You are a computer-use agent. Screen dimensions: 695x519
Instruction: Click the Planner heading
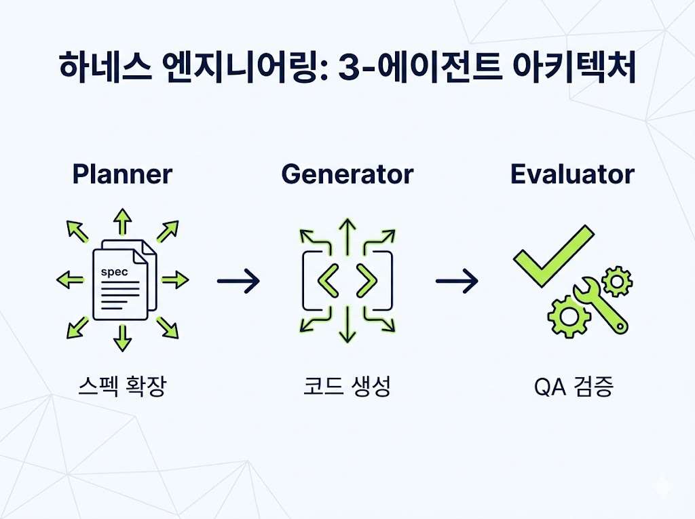(x=122, y=174)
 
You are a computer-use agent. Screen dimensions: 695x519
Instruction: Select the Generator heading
(x=347, y=174)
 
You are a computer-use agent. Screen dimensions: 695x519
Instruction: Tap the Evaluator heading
(x=572, y=174)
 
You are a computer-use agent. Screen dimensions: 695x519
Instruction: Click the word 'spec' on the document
(x=114, y=272)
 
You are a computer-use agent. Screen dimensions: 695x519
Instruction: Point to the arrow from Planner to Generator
(x=238, y=281)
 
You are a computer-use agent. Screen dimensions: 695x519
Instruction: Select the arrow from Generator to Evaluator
(x=457, y=281)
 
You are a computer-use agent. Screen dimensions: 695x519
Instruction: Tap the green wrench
(x=600, y=305)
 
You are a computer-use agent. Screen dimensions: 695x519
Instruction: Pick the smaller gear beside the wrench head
(x=617, y=282)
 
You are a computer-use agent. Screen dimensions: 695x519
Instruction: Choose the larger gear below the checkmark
(x=569, y=317)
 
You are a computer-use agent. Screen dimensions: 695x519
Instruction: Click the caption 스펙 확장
(x=122, y=386)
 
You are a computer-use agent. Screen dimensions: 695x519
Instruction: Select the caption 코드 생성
(x=347, y=386)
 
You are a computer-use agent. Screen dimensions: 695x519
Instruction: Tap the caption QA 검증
(x=574, y=386)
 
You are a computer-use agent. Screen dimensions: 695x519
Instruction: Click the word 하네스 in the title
(x=105, y=66)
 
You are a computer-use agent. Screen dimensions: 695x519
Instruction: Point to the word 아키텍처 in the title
(x=574, y=66)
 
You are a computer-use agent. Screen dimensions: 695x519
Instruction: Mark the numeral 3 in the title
(x=351, y=67)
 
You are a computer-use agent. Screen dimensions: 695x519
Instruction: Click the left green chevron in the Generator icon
(x=328, y=281)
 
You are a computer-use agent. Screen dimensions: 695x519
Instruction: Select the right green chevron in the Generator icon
(x=367, y=281)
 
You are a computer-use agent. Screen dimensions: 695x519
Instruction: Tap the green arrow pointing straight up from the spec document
(x=122, y=221)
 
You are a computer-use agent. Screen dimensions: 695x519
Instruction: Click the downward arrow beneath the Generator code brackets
(x=347, y=324)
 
